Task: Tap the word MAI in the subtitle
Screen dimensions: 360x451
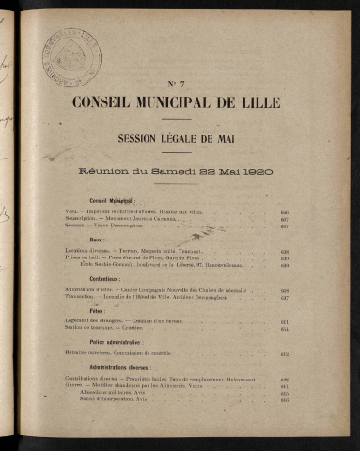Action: pyautogui.click(x=243, y=138)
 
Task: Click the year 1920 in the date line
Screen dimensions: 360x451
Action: pyautogui.click(x=266, y=173)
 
